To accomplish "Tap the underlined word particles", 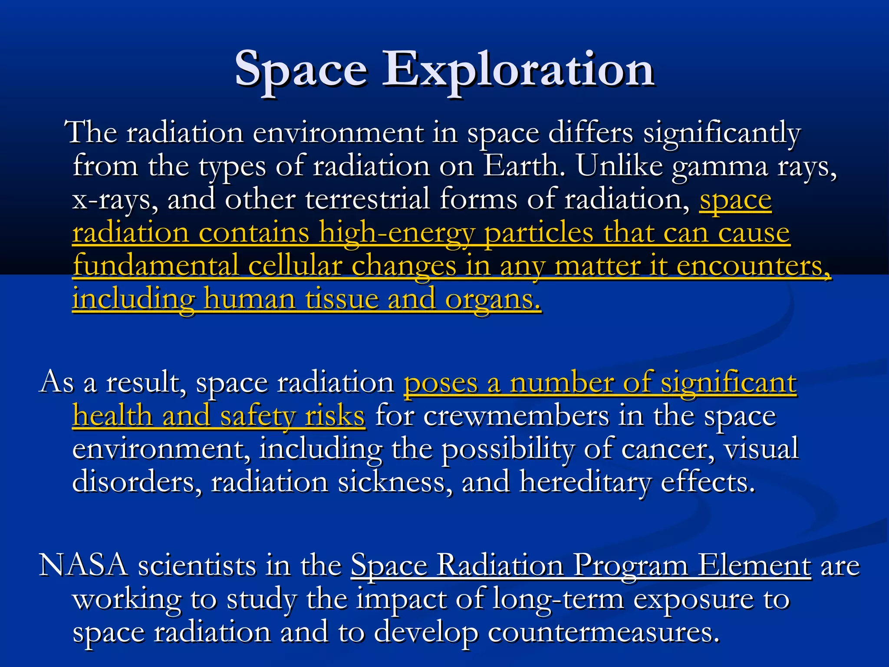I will coord(538,233).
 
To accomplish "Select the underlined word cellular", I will coord(295,266).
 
